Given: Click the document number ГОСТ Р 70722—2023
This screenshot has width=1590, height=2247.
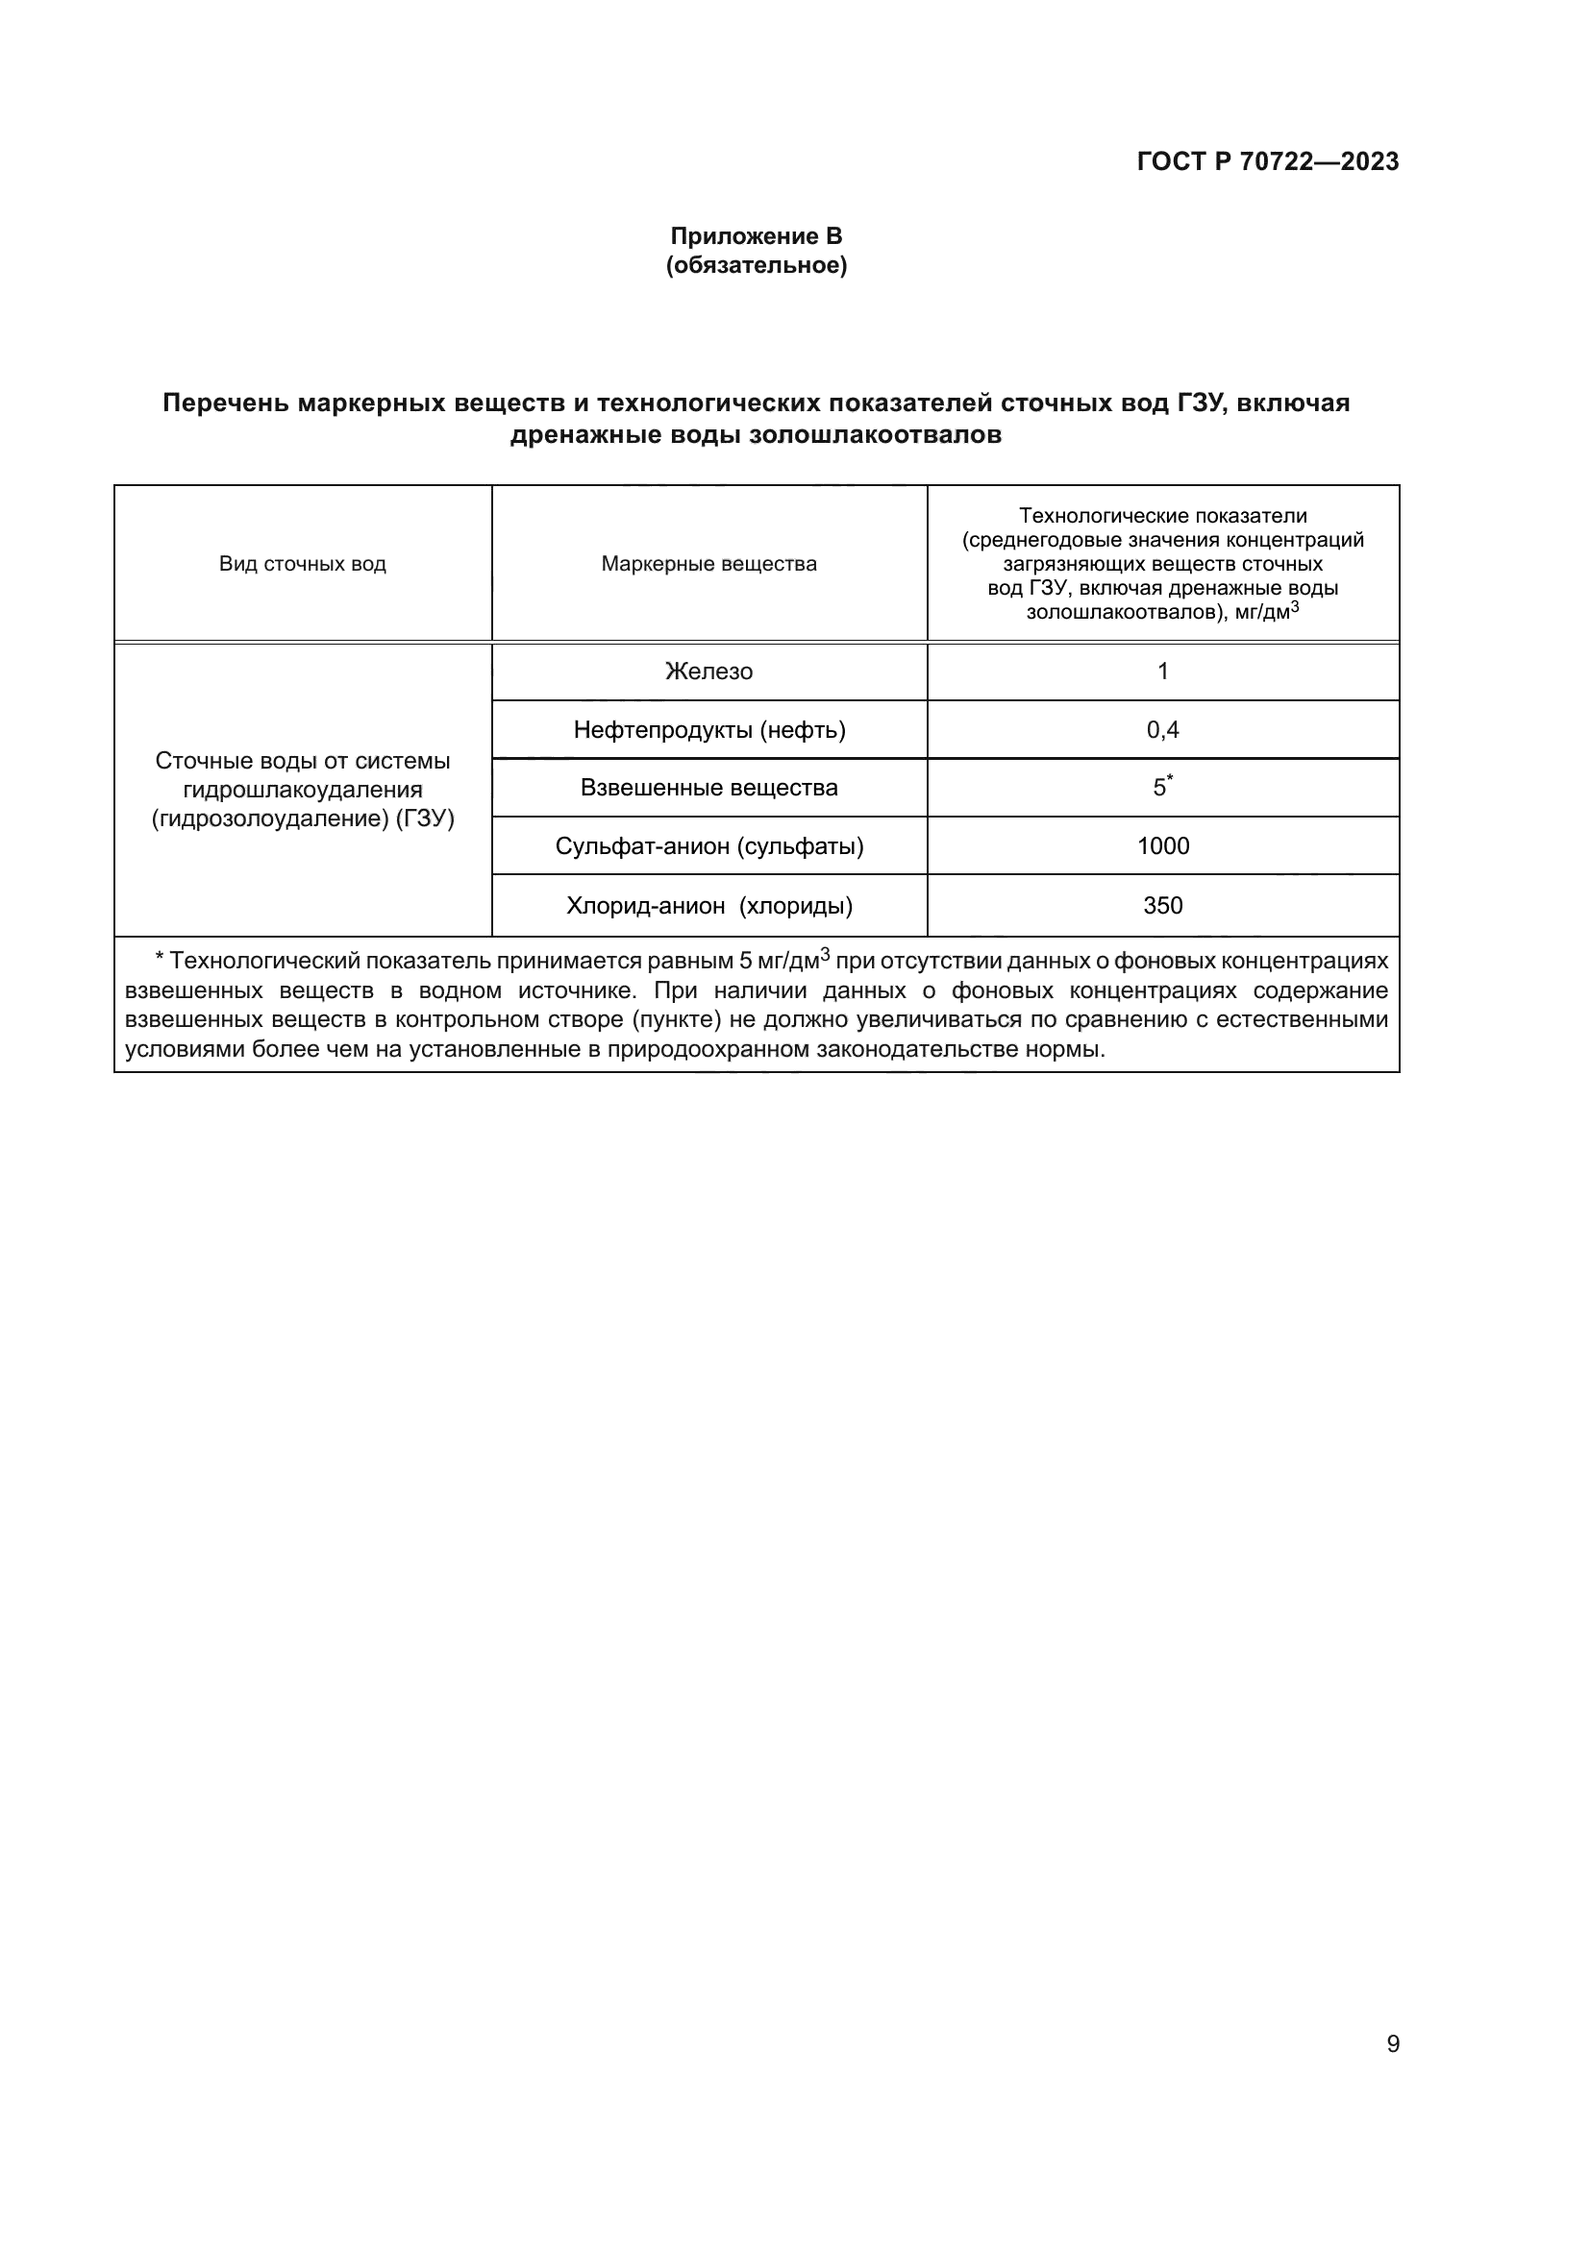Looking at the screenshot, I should coord(1267,161).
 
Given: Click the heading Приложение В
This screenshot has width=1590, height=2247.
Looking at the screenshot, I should coord(756,236).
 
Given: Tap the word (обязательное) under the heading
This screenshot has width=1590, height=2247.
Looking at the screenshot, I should coord(756,265).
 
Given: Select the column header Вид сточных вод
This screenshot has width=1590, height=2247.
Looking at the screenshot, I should coord(303,564).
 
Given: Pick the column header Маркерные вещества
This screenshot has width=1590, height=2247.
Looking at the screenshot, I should coord(708,564).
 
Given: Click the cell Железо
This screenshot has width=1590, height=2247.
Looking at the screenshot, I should coord(708,672).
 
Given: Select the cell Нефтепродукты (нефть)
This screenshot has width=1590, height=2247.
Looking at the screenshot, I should coord(708,730).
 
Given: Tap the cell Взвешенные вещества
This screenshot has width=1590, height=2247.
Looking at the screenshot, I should coord(708,788).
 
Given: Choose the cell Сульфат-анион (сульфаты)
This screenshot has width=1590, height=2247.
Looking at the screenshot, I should coord(708,845).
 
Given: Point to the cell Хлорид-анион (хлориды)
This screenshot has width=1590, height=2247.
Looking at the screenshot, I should coord(708,905).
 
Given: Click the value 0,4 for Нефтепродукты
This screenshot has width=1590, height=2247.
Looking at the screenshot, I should coord(1162,730).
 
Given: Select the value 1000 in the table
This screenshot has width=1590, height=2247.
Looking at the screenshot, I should coord(1162,845).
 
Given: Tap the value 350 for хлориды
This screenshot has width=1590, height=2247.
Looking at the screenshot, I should coord(1162,905).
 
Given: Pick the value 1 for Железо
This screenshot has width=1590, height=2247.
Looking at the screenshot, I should coord(1162,672).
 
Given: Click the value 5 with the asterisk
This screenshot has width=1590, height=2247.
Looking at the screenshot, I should coord(1160,788).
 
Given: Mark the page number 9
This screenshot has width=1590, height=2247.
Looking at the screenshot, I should coord(1392,2044).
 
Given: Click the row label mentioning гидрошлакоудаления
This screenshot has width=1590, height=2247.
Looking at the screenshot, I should coord(303,790).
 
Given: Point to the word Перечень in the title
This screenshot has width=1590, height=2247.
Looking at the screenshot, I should coord(225,403).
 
